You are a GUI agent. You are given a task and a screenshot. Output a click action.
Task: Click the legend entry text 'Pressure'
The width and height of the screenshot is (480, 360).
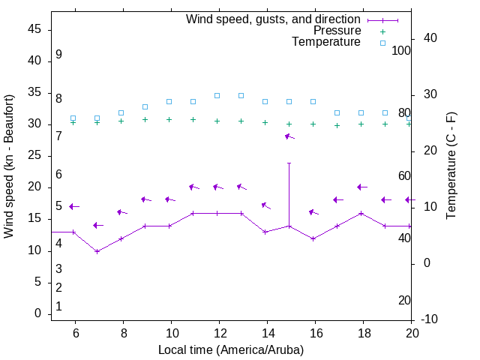[337, 31]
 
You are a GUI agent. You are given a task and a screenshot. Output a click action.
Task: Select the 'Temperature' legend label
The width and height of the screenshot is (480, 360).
[326, 42]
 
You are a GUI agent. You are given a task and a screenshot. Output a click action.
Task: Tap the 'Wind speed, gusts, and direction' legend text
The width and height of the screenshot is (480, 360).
[274, 19]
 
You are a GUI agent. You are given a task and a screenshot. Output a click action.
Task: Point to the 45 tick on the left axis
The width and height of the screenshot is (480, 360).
[34, 29]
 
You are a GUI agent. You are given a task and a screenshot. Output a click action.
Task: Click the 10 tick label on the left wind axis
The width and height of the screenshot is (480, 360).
[34, 250]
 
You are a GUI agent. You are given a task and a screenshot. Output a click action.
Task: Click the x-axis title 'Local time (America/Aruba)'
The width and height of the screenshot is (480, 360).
[231, 349]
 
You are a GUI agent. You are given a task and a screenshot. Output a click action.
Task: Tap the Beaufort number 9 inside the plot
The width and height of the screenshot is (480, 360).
[58, 55]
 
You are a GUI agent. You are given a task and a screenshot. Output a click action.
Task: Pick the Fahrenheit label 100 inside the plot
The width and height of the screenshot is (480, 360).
[401, 50]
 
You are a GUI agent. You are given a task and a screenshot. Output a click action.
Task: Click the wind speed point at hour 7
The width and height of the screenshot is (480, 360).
[97, 250]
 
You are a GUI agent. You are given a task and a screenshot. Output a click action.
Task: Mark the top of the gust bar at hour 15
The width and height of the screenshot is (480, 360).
[289, 163]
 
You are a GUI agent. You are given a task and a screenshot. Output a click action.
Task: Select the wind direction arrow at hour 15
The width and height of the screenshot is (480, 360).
[289, 136]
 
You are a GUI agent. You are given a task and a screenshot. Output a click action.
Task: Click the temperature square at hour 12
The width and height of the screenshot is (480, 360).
[217, 95]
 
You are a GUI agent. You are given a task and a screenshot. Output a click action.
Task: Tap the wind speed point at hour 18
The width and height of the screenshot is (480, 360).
[361, 213]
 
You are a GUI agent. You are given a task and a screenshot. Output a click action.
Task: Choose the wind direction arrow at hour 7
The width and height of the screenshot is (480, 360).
[97, 225]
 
